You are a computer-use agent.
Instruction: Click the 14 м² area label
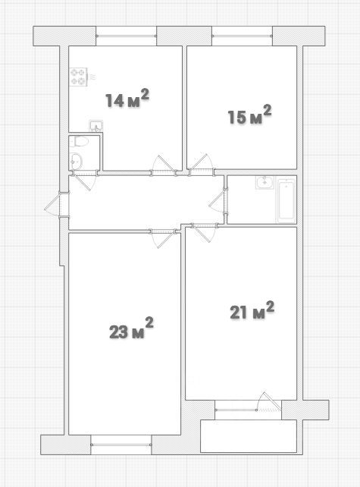click(127, 98)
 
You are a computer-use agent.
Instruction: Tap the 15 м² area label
click(250, 115)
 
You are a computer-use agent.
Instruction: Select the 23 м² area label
click(131, 328)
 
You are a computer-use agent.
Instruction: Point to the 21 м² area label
click(252, 310)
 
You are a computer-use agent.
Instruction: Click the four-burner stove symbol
click(79, 77)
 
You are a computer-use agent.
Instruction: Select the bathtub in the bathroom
click(286, 200)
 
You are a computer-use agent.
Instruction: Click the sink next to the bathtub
click(265, 182)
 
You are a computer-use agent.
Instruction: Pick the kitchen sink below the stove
click(96, 125)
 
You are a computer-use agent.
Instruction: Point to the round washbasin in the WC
click(76, 161)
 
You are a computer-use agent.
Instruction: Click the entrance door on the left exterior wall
click(57, 204)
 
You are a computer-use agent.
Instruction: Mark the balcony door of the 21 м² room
click(269, 401)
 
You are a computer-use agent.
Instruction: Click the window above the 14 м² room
click(126, 36)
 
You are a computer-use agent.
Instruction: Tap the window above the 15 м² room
click(242, 36)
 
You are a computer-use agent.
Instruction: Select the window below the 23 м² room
click(121, 445)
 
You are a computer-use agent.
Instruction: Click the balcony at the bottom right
click(249, 436)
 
